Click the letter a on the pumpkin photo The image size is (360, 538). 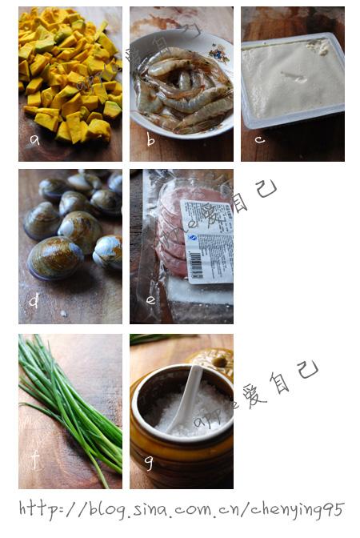[x=34, y=139]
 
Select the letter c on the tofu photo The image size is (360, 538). [x=259, y=139]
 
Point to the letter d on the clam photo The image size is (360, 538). [x=34, y=302]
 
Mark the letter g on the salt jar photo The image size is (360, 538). [x=149, y=462]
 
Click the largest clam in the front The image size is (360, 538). [x=54, y=259]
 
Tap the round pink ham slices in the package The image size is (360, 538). [x=170, y=232]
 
